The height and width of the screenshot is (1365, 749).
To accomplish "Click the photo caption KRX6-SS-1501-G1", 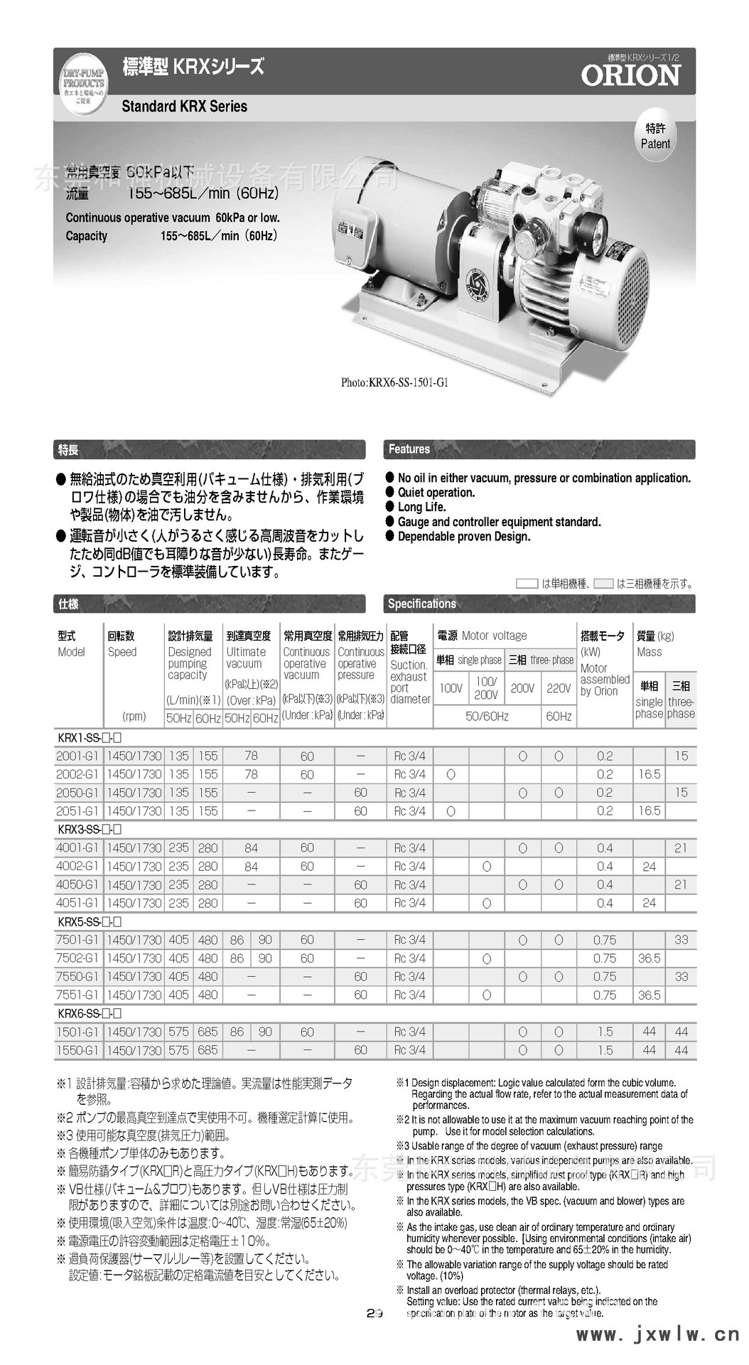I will [394, 382].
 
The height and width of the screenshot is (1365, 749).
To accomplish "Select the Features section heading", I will [409, 449].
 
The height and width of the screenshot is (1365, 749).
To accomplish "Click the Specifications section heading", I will [421, 604].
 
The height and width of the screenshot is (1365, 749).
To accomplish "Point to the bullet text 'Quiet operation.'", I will [436, 493].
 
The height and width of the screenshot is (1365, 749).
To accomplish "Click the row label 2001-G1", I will [77, 756].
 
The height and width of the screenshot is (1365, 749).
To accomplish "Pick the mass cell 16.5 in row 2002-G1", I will [649, 774].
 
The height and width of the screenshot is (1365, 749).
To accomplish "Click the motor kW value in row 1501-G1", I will [605, 1032].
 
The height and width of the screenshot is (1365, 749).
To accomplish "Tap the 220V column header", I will [559, 688].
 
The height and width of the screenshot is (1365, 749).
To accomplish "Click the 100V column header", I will [451, 688].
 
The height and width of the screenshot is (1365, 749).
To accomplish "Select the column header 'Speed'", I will [122, 652].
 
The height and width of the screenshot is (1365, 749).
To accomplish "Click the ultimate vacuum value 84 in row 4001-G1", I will [251, 848].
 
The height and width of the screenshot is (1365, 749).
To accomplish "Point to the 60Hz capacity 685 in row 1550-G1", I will [208, 1050].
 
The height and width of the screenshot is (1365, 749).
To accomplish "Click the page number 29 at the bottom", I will [374, 1313].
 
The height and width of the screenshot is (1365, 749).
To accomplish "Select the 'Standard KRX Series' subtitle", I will [185, 107].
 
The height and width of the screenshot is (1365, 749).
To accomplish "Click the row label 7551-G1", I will [77, 995].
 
